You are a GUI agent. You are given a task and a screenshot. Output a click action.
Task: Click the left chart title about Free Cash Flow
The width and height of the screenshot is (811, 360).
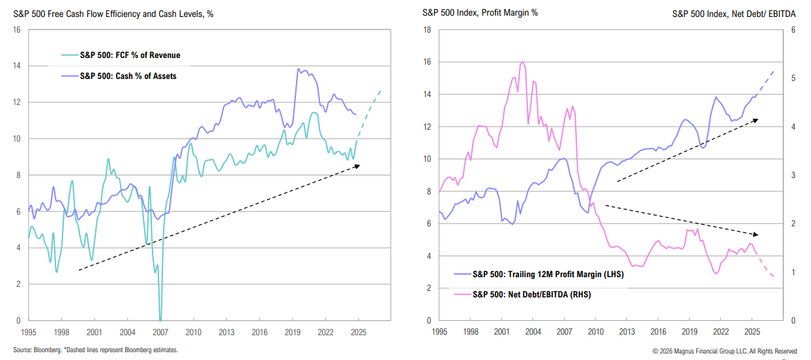pos(113,14)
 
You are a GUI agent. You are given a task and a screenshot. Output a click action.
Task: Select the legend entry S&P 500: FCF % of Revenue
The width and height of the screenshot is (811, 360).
pos(130,55)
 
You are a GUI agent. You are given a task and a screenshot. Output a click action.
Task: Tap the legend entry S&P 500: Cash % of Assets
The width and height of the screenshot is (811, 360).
pos(128,76)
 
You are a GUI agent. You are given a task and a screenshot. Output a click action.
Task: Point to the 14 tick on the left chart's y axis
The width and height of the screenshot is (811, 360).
pos(16,66)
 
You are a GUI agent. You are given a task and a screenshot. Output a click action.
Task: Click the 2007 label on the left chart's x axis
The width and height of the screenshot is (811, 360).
pos(160,331)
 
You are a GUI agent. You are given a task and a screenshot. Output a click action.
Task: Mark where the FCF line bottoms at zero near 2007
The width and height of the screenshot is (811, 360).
pos(160,318)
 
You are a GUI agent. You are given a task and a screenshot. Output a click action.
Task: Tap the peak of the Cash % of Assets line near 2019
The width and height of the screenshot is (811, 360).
pos(299,69)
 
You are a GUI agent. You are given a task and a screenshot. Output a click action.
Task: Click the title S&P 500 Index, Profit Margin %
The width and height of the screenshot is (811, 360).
pos(480,13)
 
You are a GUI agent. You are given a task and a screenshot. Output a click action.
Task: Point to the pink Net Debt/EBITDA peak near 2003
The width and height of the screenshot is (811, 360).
pos(523,63)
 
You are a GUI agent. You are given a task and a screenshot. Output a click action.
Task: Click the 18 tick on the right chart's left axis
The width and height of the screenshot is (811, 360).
pos(427,30)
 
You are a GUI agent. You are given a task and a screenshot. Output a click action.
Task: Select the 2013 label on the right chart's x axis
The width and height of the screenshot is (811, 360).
pos(627,331)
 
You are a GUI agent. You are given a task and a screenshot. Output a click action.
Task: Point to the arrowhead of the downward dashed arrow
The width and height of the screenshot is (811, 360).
pos(758,234)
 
